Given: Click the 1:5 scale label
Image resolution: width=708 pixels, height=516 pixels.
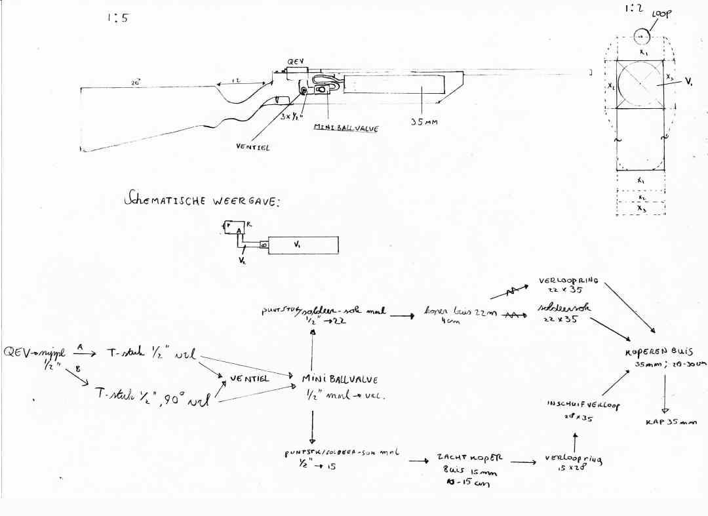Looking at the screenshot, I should [x=117, y=18].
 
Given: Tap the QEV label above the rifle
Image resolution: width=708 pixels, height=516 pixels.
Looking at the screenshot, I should [x=294, y=61].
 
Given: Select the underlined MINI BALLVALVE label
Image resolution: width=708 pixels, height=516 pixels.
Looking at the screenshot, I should [x=346, y=129].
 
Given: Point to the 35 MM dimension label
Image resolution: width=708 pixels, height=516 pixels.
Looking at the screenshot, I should [x=423, y=122].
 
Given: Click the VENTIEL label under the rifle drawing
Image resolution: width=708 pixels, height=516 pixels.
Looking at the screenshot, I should [x=252, y=147].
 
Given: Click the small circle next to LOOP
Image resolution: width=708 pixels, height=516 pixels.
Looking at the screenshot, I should [x=641, y=36].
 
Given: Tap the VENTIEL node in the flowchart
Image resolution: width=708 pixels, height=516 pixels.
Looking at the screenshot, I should [x=245, y=378].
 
